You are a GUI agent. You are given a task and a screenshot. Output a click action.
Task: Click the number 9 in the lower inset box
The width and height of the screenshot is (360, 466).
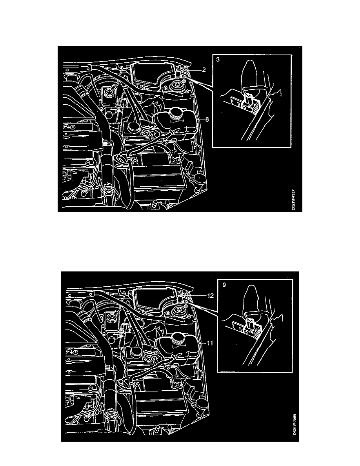(x=224, y=286)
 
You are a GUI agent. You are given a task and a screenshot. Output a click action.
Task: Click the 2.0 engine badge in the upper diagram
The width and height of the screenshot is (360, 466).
(x=71, y=127)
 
